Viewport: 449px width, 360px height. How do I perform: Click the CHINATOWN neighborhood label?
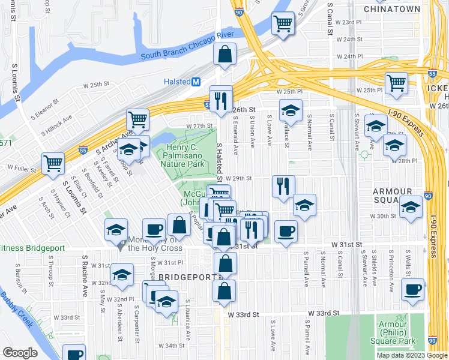tap(392, 10)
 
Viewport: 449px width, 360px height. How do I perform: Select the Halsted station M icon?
tap(196, 82)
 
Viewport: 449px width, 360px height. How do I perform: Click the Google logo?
tap(20, 353)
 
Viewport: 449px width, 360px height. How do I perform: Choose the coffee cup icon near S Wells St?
tap(412, 289)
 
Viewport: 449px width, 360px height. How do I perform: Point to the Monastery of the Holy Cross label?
tap(152, 243)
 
